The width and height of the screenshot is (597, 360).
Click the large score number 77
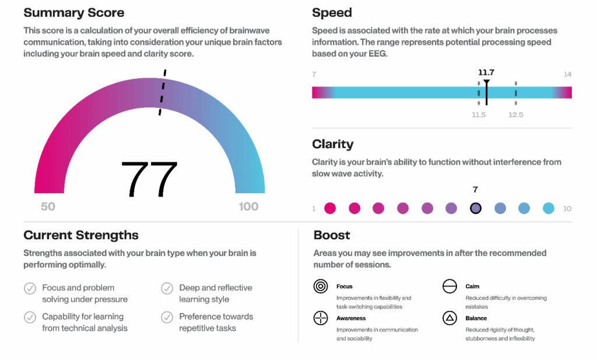149,179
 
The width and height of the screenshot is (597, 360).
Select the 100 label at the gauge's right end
248,207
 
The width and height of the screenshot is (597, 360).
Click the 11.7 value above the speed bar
486,72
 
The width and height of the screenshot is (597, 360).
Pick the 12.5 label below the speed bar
515,115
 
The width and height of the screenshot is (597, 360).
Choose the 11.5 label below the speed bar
479,115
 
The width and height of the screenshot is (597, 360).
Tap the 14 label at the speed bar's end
567,74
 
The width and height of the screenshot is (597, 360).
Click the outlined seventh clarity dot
476,208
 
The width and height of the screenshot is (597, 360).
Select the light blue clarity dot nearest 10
548,208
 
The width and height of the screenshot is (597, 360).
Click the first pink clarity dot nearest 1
330,208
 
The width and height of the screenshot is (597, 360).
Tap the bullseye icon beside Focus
321,286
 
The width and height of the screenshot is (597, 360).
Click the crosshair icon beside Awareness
321,318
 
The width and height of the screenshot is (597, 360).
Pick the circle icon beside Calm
449,286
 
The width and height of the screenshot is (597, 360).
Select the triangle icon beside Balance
449,318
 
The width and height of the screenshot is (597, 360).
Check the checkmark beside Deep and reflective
167,288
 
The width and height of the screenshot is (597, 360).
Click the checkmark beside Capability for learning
30,317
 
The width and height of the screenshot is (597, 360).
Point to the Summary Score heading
73,13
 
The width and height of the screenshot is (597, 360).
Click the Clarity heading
332,144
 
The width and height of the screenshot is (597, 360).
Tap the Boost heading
332,235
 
